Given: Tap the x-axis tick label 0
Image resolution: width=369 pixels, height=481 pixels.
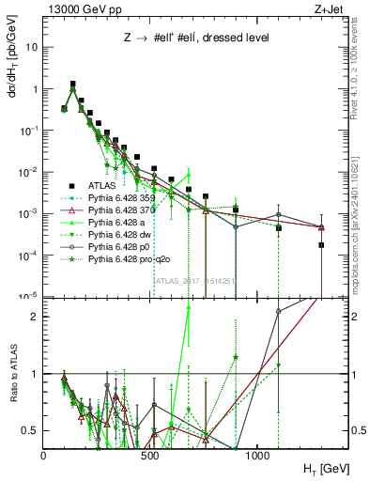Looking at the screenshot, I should coord(43,454).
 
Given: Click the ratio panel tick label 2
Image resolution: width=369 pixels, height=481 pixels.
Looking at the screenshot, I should coord(36,317).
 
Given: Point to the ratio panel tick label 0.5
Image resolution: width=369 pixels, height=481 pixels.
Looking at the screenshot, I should coord(31,430).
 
